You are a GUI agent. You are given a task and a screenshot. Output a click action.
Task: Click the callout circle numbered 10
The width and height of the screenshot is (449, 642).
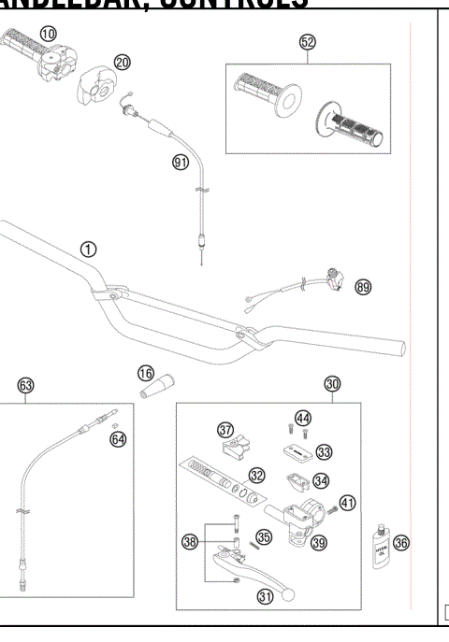click(x=48, y=34)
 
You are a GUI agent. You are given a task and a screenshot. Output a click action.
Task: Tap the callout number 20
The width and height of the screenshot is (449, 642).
click(x=123, y=63)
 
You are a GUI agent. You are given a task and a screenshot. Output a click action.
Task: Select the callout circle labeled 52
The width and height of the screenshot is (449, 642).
click(x=307, y=42)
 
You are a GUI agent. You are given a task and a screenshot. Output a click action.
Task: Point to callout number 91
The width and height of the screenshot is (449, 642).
click(x=181, y=162)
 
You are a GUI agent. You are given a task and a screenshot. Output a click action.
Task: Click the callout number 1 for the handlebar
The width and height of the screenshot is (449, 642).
click(x=87, y=249)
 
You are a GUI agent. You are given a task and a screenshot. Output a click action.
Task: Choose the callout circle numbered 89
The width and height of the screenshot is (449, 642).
click(x=363, y=288)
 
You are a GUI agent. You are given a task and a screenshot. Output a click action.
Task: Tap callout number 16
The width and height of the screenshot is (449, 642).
click(x=146, y=373)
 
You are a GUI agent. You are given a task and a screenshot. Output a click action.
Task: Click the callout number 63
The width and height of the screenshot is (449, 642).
click(x=25, y=384)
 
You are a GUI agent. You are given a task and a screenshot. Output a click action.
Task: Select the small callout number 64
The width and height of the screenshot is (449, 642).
click(x=117, y=437)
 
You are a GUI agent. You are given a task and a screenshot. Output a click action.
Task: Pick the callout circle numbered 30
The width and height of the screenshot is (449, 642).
click(x=332, y=383)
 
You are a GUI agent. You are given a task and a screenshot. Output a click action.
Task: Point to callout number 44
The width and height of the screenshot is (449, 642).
click(x=303, y=418)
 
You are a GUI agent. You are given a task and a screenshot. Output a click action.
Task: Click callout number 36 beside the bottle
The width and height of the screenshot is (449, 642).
click(x=402, y=541)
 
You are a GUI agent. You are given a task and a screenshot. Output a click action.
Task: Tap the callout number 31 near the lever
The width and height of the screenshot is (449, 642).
click(x=266, y=598)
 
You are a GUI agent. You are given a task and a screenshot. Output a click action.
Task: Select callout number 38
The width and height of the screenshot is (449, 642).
click(x=191, y=541)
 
